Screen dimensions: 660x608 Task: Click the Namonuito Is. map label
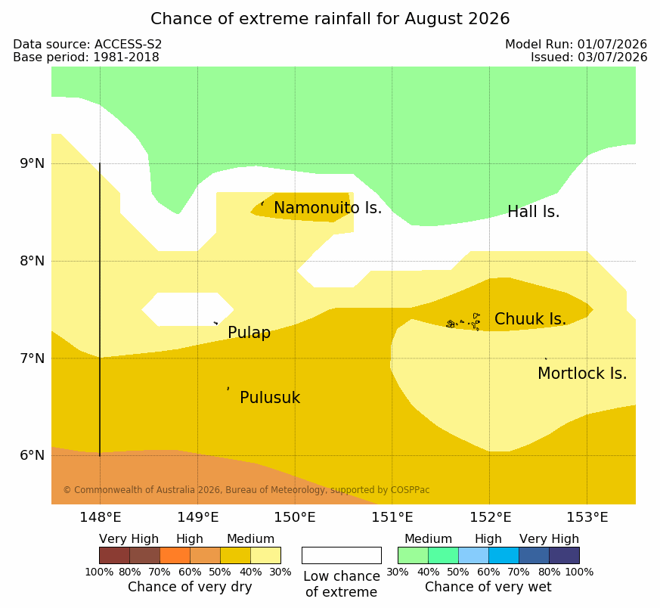(328, 207)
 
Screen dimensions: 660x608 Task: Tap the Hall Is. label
(533, 212)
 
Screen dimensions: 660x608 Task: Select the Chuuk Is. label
(531, 318)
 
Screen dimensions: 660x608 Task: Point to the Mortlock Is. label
(582, 373)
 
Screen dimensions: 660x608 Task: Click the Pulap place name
(249, 333)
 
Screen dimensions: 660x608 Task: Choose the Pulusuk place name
(270, 398)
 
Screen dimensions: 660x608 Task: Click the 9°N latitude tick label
(33, 163)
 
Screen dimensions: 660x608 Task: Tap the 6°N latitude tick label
(33, 455)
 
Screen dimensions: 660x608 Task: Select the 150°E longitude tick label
(295, 517)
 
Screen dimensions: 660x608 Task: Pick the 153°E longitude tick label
(587, 517)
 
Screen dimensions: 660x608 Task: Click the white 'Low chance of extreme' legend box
(342, 555)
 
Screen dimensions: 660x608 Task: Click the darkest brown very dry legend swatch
(114, 555)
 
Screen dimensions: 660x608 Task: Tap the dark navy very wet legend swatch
(564, 555)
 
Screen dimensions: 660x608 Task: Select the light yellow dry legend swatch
(265, 555)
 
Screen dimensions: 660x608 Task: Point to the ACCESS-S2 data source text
(128, 44)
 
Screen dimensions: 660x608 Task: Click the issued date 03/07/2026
(612, 57)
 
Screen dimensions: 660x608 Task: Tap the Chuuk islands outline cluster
(463, 322)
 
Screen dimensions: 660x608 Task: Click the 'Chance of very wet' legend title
(488, 587)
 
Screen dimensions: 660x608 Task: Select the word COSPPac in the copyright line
(410, 490)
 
